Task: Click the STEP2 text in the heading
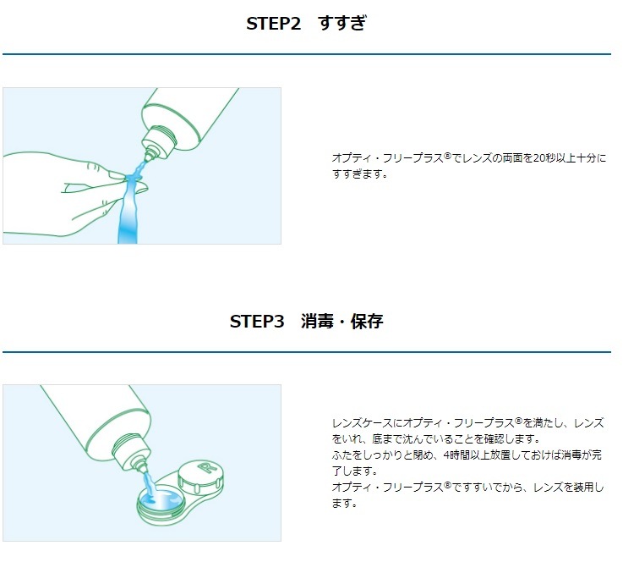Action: (273, 24)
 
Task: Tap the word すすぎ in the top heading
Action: (342, 23)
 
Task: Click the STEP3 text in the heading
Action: (257, 322)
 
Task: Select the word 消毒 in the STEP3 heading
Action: (317, 322)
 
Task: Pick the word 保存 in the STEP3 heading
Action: (367, 322)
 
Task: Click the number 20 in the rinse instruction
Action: (539, 158)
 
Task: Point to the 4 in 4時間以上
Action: (446, 455)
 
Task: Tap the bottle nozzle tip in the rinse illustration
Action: (150, 156)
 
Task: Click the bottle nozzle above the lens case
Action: (141, 465)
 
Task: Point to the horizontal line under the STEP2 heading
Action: (307, 53)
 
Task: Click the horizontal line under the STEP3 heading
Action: (307, 352)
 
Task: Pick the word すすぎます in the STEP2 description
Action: (357, 174)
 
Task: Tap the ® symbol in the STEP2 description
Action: (448, 156)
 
